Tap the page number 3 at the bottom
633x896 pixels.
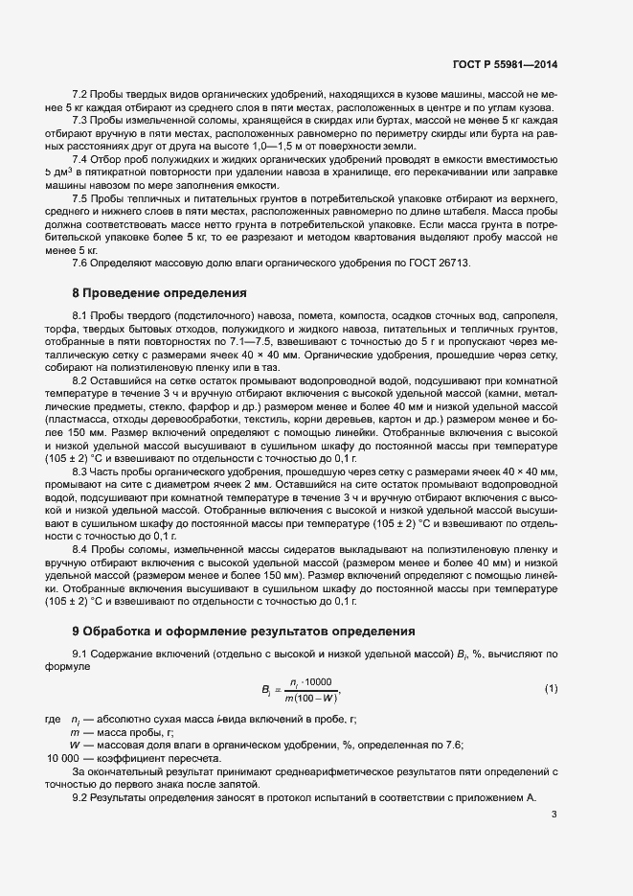[554, 815]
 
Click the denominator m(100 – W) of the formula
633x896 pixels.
[305, 698]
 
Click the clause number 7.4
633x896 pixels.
[80, 159]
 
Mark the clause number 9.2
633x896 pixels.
[80, 798]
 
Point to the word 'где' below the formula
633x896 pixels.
[52, 720]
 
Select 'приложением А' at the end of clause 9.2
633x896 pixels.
[502, 798]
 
